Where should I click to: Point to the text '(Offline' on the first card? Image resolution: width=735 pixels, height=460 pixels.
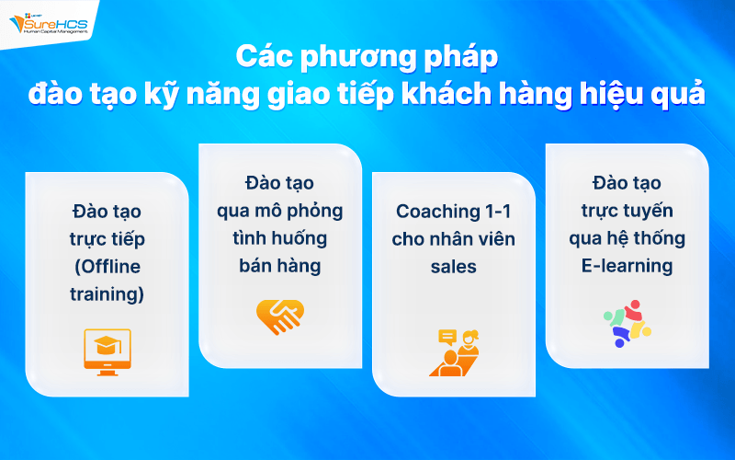pyautogui.click(x=107, y=267)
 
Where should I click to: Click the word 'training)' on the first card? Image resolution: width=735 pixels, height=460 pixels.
pyautogui.click(x=107, y=294)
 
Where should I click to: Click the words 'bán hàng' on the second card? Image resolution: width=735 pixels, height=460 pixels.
pyautogui.click(x=280, y=266)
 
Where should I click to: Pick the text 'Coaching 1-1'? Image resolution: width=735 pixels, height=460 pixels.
pyautogui.click(x=454, y=211)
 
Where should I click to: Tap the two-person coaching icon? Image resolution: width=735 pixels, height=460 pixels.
pyautogui.click(x=454, y=352)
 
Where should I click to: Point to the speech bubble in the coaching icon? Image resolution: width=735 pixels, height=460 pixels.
pyautogui.click(x=447, y=337)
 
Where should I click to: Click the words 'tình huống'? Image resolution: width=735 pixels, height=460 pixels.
pyautogui.click(x=280, y=238)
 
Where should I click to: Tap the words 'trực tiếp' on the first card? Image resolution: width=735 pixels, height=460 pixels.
pyautogui.click(x=107, y=239)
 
